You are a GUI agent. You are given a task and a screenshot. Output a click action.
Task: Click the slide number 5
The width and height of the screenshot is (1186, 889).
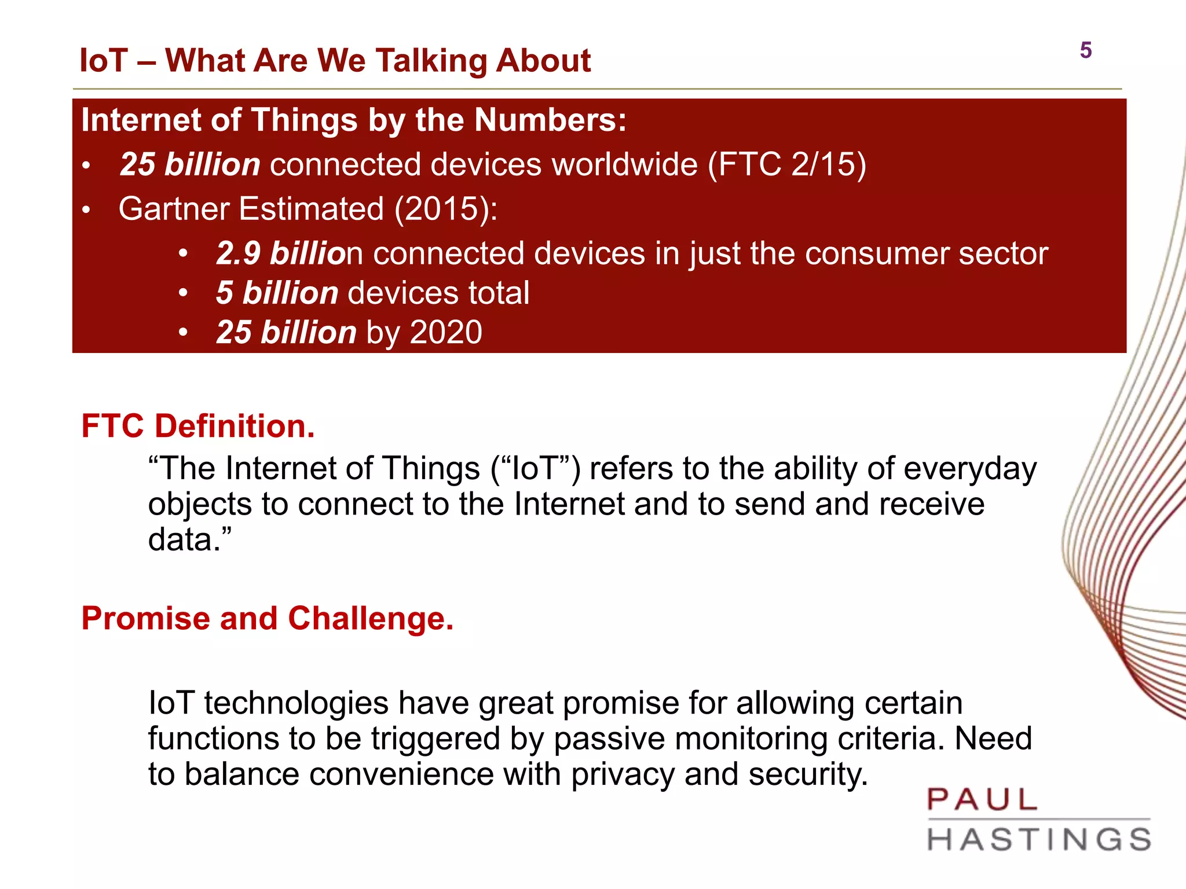[x=1085, y=50]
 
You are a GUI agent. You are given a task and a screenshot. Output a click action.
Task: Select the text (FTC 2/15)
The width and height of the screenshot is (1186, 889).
[x=787, y=164]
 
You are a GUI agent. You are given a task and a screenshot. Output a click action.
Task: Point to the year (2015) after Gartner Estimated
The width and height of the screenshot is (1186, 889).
[x=445, y=209]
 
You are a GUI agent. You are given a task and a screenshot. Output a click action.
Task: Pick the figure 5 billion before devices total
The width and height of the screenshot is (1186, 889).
[x=277, y=293]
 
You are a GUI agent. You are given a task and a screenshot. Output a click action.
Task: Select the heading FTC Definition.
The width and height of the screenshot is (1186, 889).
[x=198, y=427]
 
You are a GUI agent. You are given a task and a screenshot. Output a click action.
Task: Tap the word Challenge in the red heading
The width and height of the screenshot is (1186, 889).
[x=371, y=619]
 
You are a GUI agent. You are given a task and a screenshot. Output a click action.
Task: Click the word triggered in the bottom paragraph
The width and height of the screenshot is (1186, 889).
[x=437, y=739]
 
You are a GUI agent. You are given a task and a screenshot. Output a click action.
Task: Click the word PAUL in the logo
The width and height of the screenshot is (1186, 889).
[x=982, y=800]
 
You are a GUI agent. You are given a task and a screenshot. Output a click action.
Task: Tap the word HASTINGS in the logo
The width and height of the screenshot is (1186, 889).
[x=1039, y=840]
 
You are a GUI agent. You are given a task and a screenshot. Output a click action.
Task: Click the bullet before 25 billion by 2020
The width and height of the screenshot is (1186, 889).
[x=183, y=333]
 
